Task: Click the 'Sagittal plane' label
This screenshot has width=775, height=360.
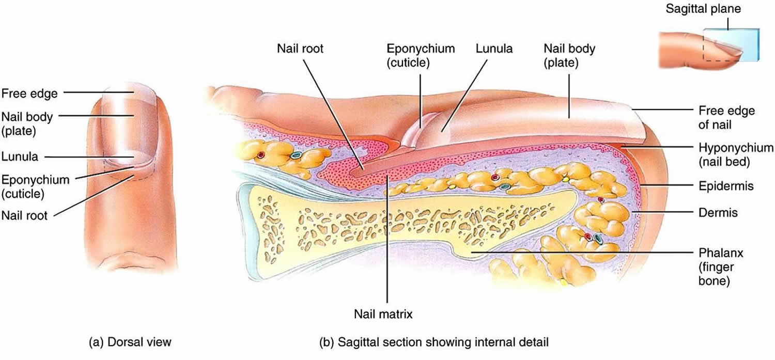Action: point(703,9)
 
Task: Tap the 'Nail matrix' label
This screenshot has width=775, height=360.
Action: point(383,314)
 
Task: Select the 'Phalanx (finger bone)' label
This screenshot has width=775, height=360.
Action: point(721,267)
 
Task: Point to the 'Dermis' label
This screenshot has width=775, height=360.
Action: point(718,212)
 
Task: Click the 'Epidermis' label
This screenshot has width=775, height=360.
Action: point(726,186)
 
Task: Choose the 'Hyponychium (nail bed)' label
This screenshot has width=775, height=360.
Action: point(736,154)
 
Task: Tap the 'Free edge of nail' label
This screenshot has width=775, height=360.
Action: point(726,118)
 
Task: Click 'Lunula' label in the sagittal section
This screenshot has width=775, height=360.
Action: point(494,49)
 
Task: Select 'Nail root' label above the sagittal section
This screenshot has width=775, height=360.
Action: point(300,49)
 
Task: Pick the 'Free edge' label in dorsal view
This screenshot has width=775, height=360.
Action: point(29,93)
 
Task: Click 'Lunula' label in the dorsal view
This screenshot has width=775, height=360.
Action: point(20,156)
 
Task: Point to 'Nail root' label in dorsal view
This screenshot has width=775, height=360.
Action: point(24,215)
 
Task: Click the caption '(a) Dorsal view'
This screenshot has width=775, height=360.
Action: point(130,342)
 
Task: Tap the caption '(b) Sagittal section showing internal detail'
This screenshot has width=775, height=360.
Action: point(434,342)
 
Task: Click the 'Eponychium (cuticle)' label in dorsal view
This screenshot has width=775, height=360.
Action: point(35,187)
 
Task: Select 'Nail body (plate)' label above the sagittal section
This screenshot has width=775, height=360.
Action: point(569,55)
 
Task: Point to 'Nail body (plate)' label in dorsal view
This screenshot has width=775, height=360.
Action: point(27,124)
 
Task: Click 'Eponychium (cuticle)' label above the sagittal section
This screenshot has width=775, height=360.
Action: point(421,55)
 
